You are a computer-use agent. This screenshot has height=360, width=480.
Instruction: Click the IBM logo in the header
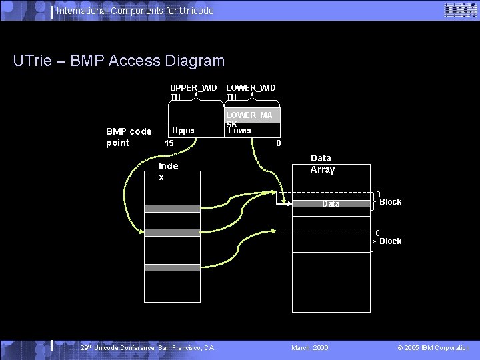[x=459, y=10]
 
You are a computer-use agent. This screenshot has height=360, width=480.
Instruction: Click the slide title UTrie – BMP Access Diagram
[x=119, y=61]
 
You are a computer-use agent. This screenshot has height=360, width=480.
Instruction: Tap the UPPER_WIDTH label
[x=193, y=92]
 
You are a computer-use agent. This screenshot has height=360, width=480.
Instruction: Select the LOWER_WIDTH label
[x=251, y=92]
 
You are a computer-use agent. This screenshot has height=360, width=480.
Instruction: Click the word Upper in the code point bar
[x=183, y=131]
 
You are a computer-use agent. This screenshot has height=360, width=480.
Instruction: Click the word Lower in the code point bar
[x=240, y=131]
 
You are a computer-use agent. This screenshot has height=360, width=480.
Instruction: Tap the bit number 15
[x=169, y=143]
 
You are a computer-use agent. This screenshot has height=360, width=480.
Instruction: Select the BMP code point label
[x=129, y=137]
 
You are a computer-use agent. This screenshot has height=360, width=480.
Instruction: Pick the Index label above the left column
[x=168, y=171]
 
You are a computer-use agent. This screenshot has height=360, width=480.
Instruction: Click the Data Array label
[x=321, y=164]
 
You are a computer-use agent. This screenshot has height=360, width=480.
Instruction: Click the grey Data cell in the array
[x=331, y=204]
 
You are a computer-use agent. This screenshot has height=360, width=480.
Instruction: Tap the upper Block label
[x=390, y=202]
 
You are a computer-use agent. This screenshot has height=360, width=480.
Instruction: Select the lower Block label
[x=390, y=241]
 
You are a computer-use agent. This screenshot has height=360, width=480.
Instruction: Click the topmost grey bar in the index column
[x=172, y=209]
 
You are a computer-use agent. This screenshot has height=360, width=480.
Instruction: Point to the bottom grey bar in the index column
[x=172, y=267]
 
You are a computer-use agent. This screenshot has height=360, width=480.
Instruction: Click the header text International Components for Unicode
[x=135, y=11]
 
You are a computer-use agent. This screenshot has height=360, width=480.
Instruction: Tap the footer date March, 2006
[x=310, y=348]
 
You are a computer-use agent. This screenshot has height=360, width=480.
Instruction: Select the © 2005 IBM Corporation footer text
[x=433, y=348]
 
